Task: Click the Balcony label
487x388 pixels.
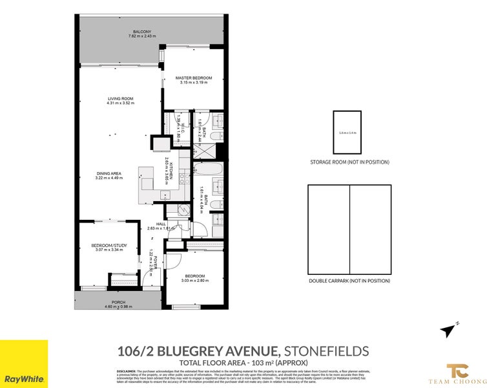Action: pos(142,32)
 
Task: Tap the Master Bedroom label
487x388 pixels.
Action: pos(193,78)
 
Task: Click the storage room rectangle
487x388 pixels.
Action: pos(347,133)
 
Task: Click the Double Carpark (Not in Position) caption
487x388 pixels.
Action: pos(349,281)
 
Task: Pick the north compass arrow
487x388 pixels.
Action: pos(448,330)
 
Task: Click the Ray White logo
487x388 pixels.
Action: pos(24,363)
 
